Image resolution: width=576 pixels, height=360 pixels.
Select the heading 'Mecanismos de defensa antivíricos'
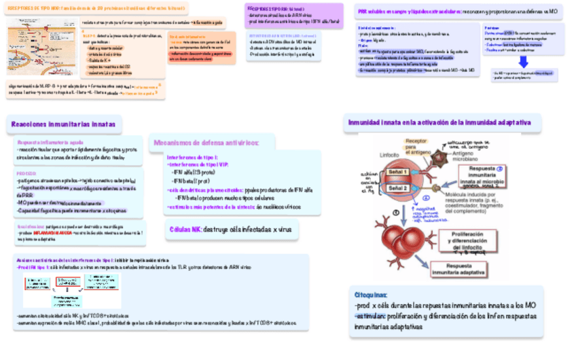coord(213,143)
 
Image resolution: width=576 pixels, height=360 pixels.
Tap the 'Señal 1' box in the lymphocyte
coord(397,173)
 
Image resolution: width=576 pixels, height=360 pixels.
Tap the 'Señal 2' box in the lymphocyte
coord(397,188)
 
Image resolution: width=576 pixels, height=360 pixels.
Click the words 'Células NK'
coord(185,230)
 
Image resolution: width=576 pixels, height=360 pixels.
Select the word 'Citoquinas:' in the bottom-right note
coord(371,295)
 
